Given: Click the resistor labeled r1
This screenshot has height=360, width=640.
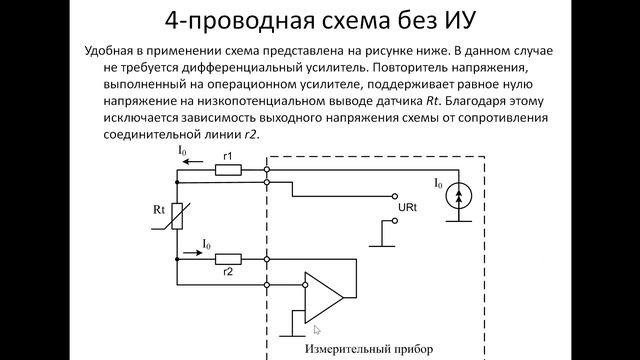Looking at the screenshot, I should pos(229,169).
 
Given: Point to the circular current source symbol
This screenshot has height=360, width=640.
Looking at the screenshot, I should pos(459,196).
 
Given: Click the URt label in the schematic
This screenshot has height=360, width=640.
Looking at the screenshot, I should pos(408,207).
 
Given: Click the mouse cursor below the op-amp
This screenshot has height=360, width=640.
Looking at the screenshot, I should pos(317,329).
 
